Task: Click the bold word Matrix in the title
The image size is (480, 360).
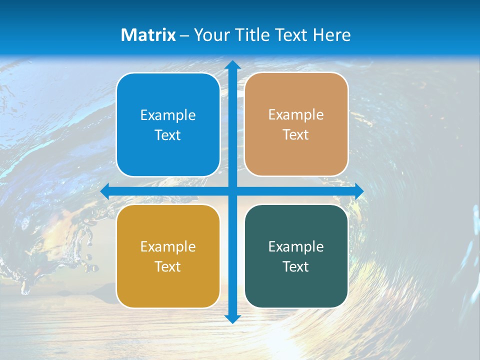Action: pyautogui.click(x=148, y=35)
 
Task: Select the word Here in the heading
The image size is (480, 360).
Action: pyautogui.click(x=331, y=35)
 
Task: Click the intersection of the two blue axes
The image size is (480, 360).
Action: pyautogui.click(x=232, y=191)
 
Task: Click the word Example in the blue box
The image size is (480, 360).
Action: pyautogui.click(x=168, y=115)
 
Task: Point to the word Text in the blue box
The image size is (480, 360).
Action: pyautogui.click(x=168, y=135)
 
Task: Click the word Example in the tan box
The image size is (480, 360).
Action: pyautogui.click(x=296, y=114)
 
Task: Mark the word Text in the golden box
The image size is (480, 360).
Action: pyautogui.click(x=168, y=266)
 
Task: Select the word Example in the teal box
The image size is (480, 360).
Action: pyautogui.click(x=296, y=246)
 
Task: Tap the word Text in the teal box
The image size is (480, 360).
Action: pyautogui.click(x=296, y=266)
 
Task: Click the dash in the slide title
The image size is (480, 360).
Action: pyautogui.click(x=184, y=35)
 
